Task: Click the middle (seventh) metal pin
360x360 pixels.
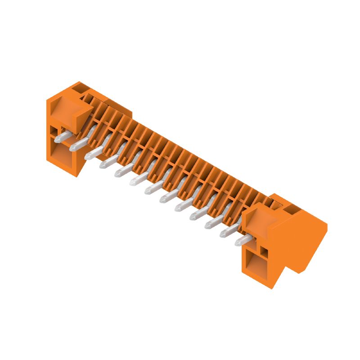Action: point(152,189)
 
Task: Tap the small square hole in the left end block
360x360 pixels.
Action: point(54,131)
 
